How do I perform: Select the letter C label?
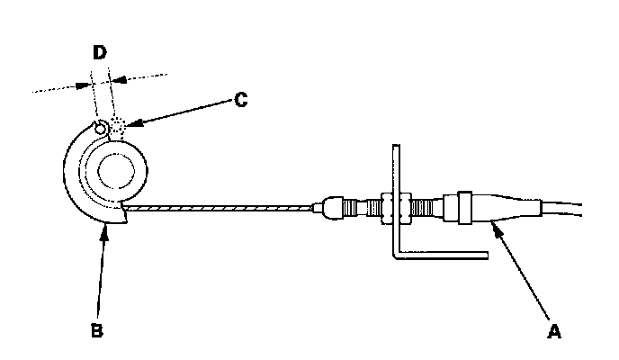pyautogui.click(x=240, y=101)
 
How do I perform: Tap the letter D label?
pyautogui.click(x=100, y=52)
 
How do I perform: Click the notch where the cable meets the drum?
pyautogui.click(x=121, y=212)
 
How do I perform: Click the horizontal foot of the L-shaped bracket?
pyautogui.click(x=441, y=256)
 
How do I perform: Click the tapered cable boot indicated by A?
pyautogui.click(x=508, y=209)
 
